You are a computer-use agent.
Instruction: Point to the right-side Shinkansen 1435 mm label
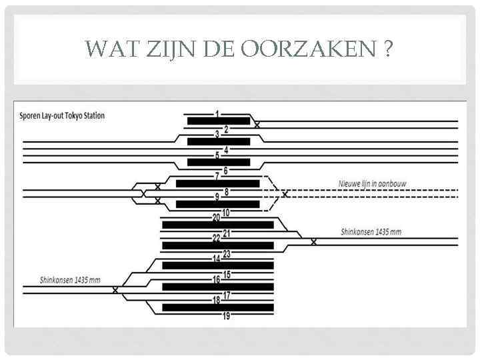[x=371, y=232]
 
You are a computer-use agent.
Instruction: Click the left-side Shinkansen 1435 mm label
[x=70, y=280]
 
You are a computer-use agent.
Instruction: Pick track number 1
[x=217, y=114]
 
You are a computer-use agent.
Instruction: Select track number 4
[x=226, y=150]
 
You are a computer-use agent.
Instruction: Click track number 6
[x=226, y=171]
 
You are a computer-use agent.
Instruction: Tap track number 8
[x=226, y=192]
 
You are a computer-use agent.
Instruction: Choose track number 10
[x=226, y=213]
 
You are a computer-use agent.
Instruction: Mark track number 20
[x=216, y=217]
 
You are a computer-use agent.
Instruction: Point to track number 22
[x=216, y=238]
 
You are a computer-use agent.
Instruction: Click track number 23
[x=226, y=253]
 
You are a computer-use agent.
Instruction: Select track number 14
[x=216, y=259]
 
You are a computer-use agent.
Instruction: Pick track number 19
[x=226, y=316]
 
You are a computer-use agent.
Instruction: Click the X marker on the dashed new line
[x=285, y=194]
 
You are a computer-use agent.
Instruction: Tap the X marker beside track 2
[x=258, y=125]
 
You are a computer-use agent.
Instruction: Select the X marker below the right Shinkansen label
[x=314, y=241]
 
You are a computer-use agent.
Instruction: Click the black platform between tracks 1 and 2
[x=218, y=121]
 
